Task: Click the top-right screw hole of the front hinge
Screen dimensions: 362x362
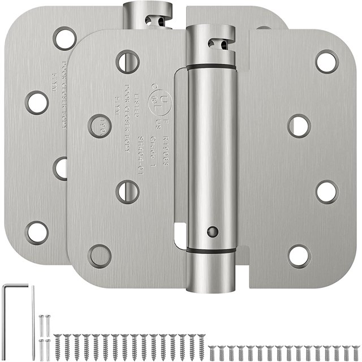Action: click(x=327, y=62)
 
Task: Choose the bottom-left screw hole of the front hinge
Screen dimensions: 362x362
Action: click(x=100, y=256)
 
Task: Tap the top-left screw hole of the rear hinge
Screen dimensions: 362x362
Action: click(x=64, y=38)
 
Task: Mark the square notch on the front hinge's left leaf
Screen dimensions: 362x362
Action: click(x=180, y=230)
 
